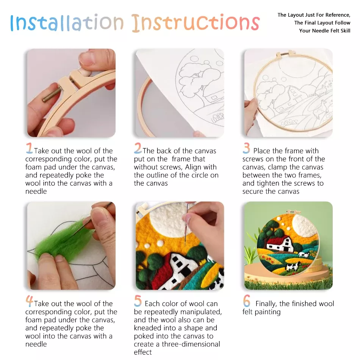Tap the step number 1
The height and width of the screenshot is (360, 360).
coord(29,148)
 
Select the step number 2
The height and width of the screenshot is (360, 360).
coord(138,148)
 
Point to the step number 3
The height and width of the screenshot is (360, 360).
coord(247,148)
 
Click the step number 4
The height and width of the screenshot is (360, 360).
coord(29,301)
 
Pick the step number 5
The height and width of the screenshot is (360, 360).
coord(138,301)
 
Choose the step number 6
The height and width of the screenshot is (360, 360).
coord(247,301)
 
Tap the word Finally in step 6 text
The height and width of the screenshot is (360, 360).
coord(267,304)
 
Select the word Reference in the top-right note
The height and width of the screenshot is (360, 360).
coord(336,15)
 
